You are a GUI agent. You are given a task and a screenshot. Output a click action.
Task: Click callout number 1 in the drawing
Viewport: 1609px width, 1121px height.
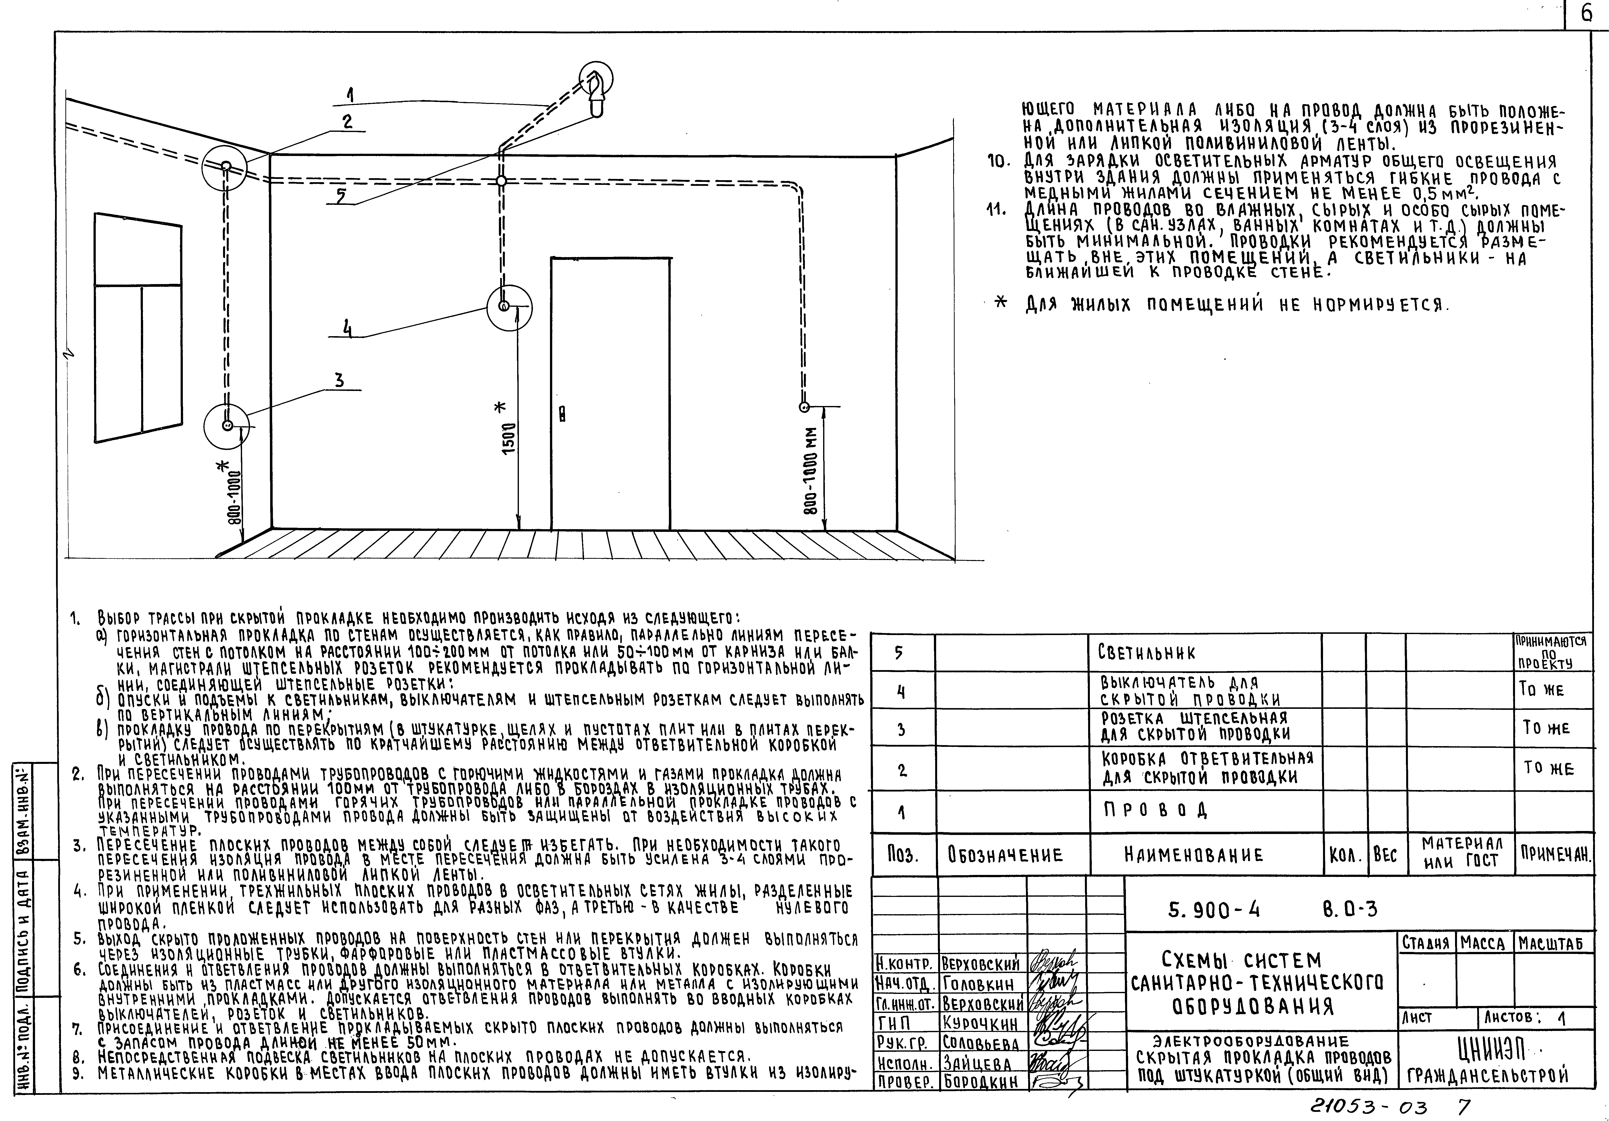tap(350, 95)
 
